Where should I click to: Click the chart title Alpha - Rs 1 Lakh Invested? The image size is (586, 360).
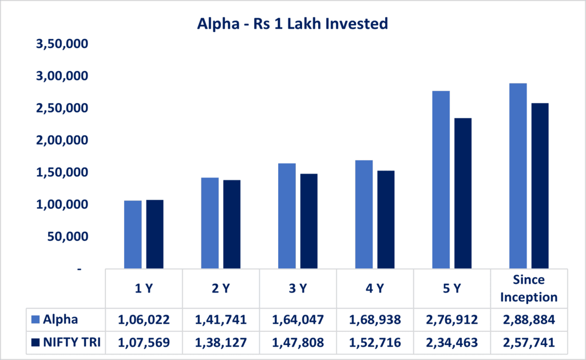coord(292,23)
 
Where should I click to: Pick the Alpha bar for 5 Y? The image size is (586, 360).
coord(441,180)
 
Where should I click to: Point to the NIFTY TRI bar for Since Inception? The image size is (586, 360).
coord(540,186)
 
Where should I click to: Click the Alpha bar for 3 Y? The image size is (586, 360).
coord(287,216)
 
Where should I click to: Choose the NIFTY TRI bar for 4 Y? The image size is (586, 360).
coord(386,220)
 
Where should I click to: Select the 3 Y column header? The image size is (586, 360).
coord(298,288)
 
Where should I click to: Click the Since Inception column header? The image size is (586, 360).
coord(528,288)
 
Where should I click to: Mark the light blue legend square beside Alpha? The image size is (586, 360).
coord(35,319)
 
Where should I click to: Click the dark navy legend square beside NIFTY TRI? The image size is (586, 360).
coord(35,343)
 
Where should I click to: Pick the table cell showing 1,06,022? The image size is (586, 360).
coord(144,319)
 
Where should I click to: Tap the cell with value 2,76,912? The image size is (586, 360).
coord(452,319)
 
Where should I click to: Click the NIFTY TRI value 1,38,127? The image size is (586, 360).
coord(221,343)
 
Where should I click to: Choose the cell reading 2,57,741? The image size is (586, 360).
coord(528,343)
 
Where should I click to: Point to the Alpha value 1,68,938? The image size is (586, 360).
coord(375,319)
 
